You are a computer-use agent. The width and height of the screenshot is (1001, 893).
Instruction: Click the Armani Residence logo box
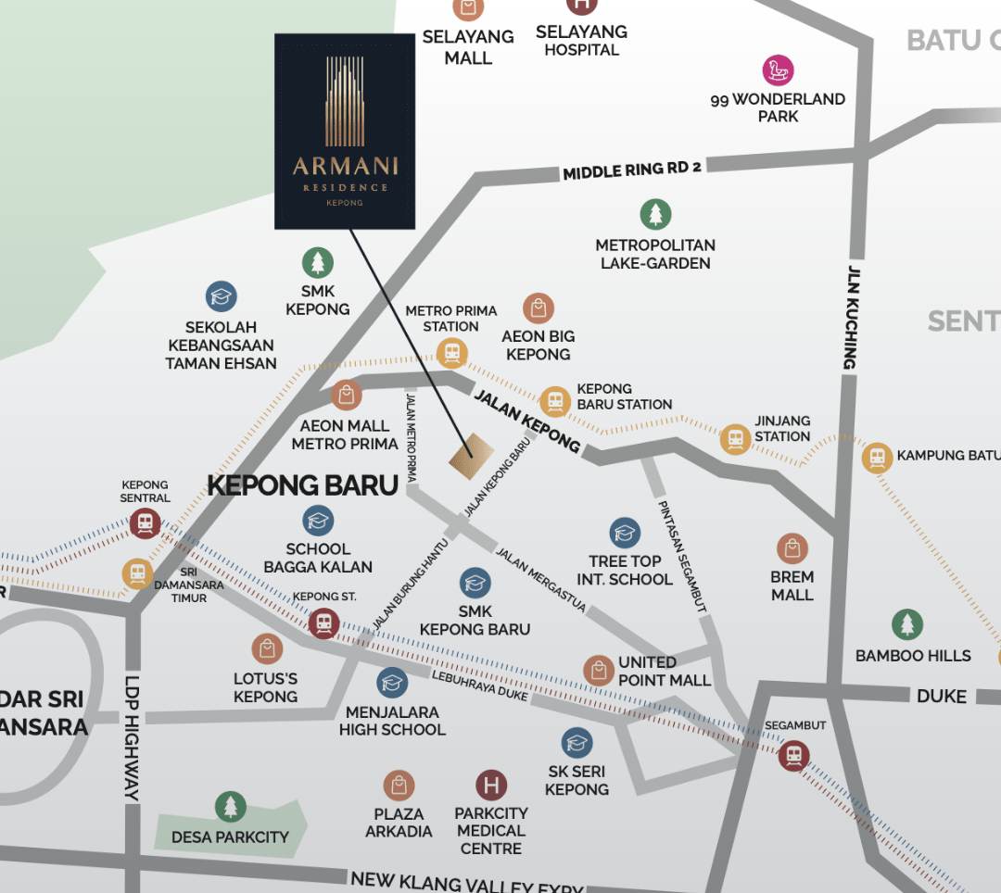click(345, 131)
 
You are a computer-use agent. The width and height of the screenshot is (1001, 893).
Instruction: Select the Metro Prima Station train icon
click(451, 352)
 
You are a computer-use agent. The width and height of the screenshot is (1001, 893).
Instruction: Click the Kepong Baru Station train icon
click(554, 401)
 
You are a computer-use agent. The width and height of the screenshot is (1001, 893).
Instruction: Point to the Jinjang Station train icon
click(735, 439)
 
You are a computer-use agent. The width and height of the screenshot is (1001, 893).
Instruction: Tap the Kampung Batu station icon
click(876, 457)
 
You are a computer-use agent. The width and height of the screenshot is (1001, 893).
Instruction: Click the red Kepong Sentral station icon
click(145, 523)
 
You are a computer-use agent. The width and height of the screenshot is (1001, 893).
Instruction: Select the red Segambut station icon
click(793, 755)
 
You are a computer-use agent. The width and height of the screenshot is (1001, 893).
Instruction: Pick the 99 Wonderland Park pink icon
click(778, 70)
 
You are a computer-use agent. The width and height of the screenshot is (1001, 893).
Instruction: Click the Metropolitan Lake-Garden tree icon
click(655, 215)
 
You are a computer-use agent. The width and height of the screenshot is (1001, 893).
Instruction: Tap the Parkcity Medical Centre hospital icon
click(490, 786)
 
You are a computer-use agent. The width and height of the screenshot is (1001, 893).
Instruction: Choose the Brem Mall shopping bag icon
click(792, 548)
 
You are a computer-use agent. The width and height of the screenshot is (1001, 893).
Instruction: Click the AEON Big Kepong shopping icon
click(538, 308)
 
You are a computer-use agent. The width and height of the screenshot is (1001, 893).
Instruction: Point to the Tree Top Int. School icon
click(625, 533)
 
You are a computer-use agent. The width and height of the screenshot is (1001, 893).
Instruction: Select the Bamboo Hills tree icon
click(906, 625)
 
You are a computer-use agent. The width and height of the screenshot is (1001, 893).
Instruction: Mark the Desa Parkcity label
click(229, 837)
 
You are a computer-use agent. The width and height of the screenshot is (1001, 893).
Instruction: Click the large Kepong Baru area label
click(302, 485)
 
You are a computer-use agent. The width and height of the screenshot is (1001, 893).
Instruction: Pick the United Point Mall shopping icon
click(598, 670)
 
